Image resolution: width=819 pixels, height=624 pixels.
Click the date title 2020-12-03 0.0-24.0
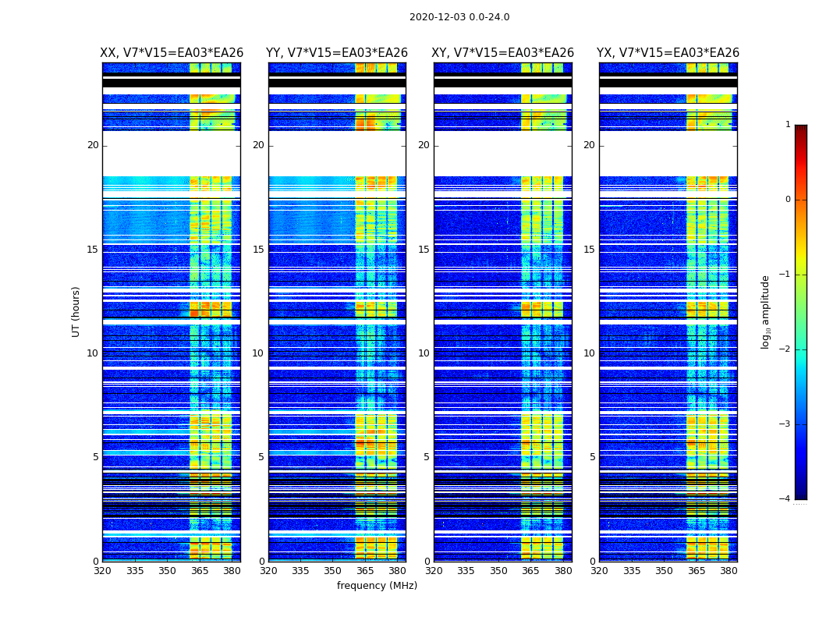(x=459, y=17)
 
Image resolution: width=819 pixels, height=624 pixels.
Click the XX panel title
(x=172, y=53)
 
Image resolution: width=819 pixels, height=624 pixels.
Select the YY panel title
(x=337, y=53)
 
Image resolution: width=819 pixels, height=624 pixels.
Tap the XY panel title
(x=503, y=53)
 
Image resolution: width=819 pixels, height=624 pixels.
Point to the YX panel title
(x=668, y=53)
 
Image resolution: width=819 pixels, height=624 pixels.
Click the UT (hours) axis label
(x=76, y=311)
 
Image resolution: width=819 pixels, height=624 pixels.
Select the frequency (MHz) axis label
(x=377, y=586)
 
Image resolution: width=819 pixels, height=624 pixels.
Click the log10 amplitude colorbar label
(x=766, y=311)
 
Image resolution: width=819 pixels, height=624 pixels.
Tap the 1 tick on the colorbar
(x=788, y=125)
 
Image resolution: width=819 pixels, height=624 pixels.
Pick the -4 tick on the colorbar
(x=785, y=499)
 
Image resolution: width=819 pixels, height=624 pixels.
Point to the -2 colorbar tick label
(x=785, y=349)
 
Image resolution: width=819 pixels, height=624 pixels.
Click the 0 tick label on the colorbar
(x=788, y=200)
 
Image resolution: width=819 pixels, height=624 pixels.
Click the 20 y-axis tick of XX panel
(x=93, y=145)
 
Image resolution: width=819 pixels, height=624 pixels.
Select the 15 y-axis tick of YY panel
(x=258, y=250)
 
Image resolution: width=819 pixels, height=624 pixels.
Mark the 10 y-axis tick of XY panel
(x=424, y=353)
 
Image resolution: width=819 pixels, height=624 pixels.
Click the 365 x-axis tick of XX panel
(x=200, y=571)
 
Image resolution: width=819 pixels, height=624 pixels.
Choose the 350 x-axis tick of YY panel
(x=333, y=571)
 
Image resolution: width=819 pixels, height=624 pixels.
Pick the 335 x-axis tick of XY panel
(x=466, y=571)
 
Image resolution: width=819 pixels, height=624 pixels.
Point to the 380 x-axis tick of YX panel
(x=729, y=571)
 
